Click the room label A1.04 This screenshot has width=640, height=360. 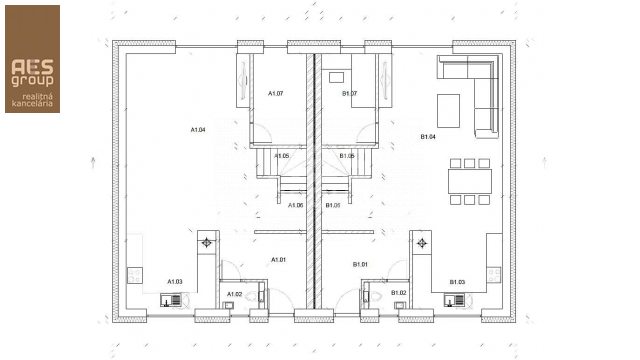pos(198,130)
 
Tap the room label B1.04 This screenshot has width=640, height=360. pos(427,136)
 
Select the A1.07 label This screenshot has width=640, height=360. pos(276,93)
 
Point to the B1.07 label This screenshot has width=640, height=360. pos(350,93)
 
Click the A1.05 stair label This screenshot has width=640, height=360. pos(282,156)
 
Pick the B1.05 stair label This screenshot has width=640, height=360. pos(347,156)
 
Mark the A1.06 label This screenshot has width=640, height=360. pos(295,205)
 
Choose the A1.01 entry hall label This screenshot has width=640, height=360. pos(279,260)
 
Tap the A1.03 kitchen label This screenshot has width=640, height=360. pos(174,281)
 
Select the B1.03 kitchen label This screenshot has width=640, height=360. pos(457,282)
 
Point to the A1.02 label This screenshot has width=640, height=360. pos(234,293)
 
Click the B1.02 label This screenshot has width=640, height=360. pos(398,293)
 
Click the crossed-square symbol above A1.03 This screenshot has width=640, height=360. pos(207,242)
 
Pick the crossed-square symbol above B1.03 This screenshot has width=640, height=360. pos(422,242)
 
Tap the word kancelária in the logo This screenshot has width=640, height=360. pos(32,102)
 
